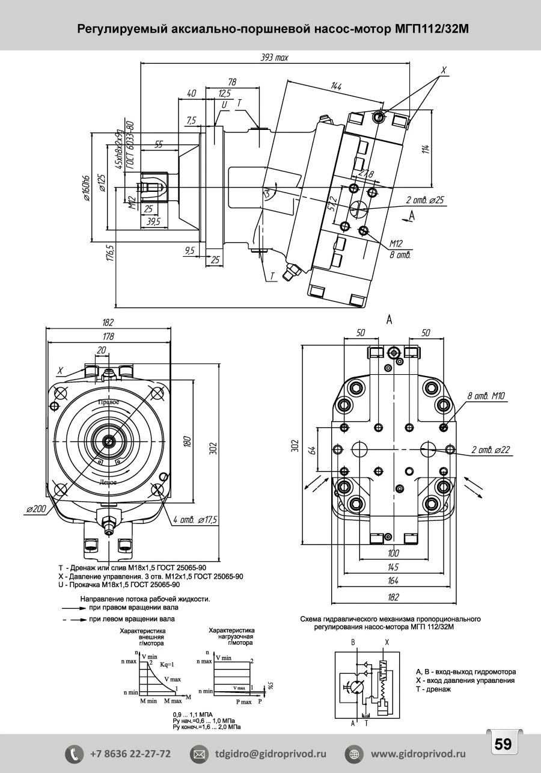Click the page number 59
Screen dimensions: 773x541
point(503,744)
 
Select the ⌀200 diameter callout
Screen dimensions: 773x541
point(36,509)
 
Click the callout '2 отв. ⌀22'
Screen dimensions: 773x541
point(491,449)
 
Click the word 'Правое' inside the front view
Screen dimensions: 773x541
point(109,401)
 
